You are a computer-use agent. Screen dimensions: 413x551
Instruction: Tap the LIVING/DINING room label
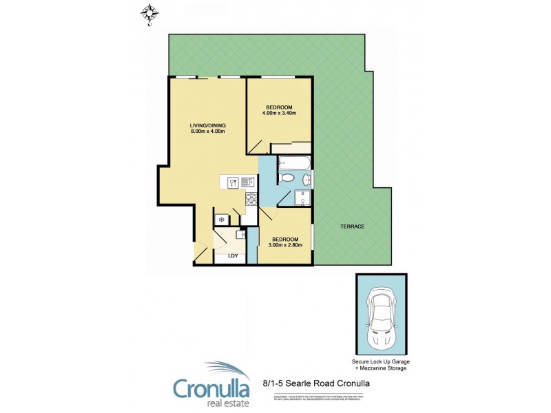pos(208,125)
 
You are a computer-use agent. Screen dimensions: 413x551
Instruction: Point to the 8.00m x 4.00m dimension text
pos(208,132)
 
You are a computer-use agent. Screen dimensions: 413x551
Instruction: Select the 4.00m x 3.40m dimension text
pos(279,113)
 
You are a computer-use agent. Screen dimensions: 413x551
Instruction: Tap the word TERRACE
pos(351,227)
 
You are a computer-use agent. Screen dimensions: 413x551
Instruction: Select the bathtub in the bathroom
pos(294,165)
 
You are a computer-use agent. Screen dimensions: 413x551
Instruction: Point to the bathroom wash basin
pos(306,181)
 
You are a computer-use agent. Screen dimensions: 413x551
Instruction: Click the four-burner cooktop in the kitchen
pos(251,200)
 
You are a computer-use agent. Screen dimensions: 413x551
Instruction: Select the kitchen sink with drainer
pos(247,182)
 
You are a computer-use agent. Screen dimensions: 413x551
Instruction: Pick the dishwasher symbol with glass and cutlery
pos(233,182)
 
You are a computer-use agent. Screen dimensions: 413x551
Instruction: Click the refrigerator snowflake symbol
pos(221,220)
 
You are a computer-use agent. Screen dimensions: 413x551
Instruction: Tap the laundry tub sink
pos(240,234)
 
